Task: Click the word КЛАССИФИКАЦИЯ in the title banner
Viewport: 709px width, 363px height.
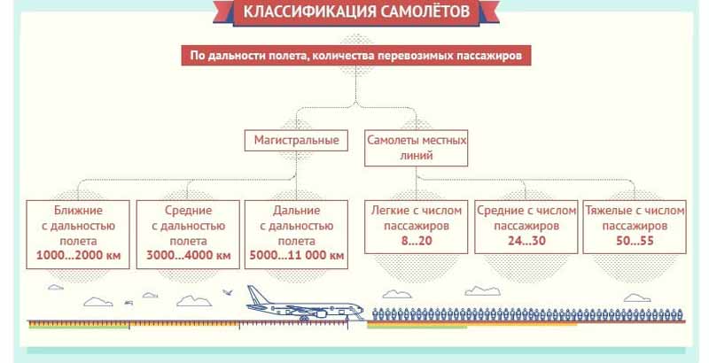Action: pos(309,11)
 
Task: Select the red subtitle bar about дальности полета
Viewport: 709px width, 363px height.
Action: pos(356,56)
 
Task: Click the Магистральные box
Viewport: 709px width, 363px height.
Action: pos(296,141)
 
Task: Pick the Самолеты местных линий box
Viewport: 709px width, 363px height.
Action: pos(416,148)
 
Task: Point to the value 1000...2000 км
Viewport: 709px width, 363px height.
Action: pos(78,256)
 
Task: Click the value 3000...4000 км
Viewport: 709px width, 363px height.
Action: pos(188,256)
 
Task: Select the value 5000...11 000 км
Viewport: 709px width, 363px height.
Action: pos(297,256)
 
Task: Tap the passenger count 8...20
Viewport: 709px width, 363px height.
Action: pos(417,241)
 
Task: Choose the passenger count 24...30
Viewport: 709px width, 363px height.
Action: pos(526,241)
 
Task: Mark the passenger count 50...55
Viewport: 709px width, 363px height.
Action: pos(635,241)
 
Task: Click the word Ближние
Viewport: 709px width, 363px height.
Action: pos(78,211)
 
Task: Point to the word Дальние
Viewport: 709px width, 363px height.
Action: pos(297,211)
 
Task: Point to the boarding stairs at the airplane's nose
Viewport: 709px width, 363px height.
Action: pos(359,314)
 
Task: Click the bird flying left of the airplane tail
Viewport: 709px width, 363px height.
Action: pos(229,292)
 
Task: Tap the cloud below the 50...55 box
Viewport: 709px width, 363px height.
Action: pos(637,298)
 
